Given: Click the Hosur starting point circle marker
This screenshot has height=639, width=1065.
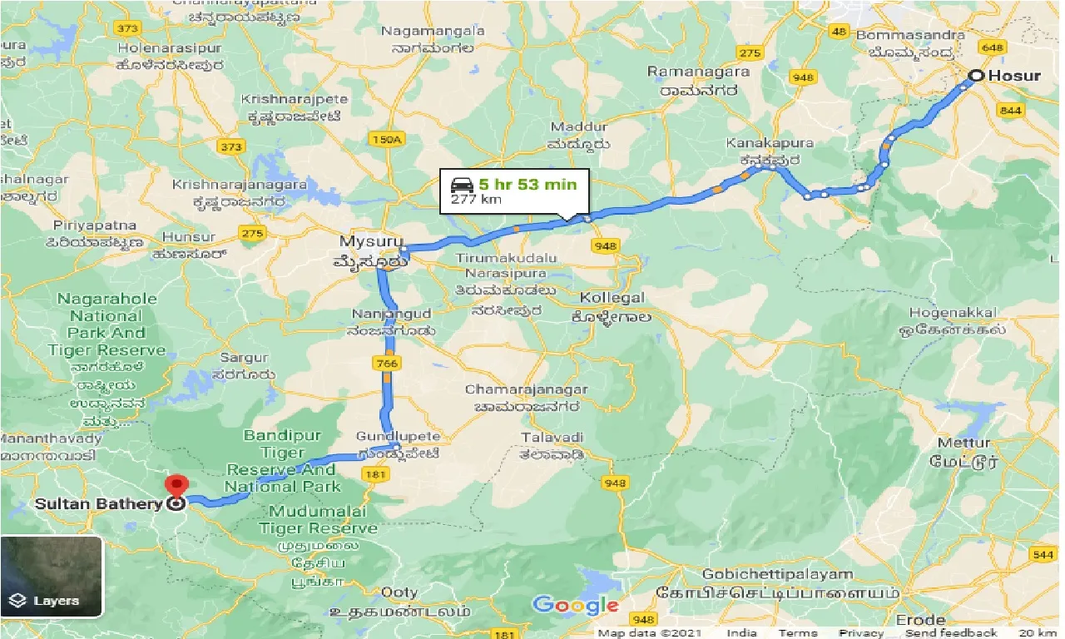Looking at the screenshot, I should pos(975,77).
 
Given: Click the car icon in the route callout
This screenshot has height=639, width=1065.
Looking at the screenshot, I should pos(462,184).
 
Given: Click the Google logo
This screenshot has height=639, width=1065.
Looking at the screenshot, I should pos(575,605).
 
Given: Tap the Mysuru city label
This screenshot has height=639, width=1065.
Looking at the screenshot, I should pos(364,241).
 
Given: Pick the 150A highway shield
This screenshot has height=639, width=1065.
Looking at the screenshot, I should pos(387,140).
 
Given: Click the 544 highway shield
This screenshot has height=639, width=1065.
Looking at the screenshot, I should pos(1041,554).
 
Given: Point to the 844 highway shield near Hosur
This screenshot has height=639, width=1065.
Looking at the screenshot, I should pos(1010,110).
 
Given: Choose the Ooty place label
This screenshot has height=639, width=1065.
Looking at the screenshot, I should pos(399,592).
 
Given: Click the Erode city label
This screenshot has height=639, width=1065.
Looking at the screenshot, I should pos(921,620).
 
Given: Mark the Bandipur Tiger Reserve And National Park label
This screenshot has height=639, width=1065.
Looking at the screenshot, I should pos(283,461).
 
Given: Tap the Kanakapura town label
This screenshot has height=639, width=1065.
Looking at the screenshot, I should pos(757,144).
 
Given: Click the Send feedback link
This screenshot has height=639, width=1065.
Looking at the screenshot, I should pos(951,633).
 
